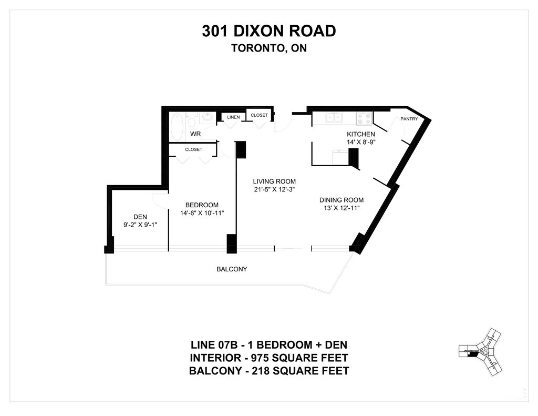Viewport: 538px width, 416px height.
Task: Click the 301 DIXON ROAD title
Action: pos(268,31)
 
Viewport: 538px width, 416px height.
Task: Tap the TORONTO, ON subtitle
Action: pos(269,48)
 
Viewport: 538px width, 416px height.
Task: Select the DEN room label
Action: pos(140,217)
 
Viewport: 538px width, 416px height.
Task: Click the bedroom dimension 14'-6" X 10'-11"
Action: pos(202,213)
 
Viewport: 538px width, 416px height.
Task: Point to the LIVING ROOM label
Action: pos(274,181)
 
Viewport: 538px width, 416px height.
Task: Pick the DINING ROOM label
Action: pos(342,200)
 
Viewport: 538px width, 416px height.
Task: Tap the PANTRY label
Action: pos(409,119)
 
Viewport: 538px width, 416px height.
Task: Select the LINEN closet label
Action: pos(233,117)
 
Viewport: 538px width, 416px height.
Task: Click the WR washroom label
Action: pos(195,134)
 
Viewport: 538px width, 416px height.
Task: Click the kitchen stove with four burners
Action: pos(365,118)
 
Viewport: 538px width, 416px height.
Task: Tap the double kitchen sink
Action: pos(334,117)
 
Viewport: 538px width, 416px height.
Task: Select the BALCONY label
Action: pos(232,269)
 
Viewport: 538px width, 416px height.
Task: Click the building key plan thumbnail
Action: pos(480,353)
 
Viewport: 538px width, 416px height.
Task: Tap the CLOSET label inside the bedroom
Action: pos(193,149)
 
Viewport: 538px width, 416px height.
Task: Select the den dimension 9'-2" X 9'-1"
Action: pos(140,225)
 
